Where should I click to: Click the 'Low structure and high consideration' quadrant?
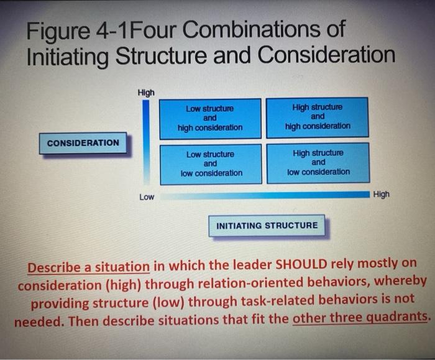(x=210, y=119)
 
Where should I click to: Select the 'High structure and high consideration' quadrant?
(x=318, y=117)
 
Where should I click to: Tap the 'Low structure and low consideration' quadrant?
(x=211, y=164)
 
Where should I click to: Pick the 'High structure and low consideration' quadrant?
(x=318, y=163)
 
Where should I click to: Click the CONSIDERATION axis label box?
(x=83, y=143)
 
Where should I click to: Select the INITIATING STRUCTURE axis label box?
(x=267, y=225)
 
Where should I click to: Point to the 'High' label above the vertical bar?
(x=146, y=93)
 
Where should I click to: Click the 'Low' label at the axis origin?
(x=147, y=197)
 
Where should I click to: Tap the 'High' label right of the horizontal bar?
(x=382, y=194)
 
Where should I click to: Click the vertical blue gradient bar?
(x=146, y=142)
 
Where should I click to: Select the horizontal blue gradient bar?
(x=265, y=195)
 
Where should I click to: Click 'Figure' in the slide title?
(x=58, y=31)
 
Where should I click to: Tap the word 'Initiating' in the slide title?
(x=68, y=56)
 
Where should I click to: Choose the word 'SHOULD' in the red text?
(x=301, y=264)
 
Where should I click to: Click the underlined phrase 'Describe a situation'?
(x=89, y=267)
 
